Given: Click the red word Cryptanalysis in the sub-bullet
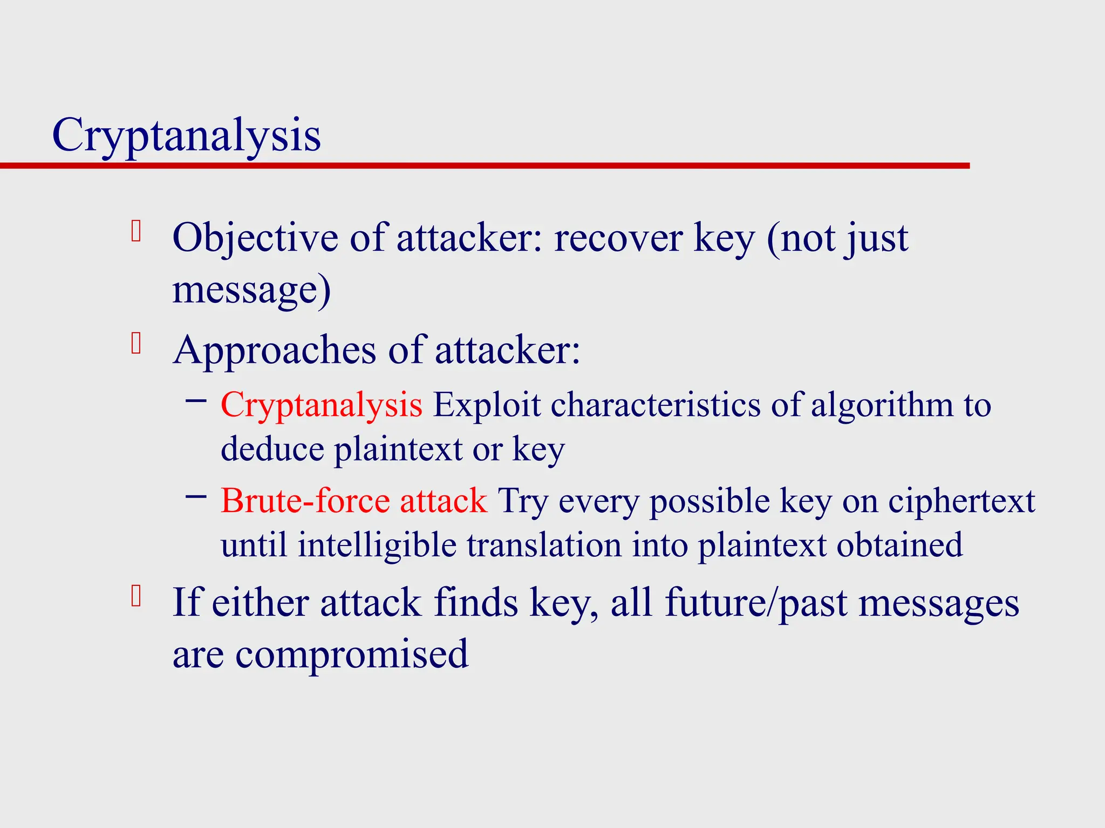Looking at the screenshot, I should point(321,405).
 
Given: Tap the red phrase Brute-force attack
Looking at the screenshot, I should point(354,501).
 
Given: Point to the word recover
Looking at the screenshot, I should point(618,238).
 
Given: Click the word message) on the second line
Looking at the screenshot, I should point(251,291).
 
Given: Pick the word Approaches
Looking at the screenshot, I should point(275,351).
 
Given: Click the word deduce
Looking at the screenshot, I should point(272,449).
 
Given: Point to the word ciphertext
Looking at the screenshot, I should point(961,501).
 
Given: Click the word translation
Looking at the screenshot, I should point(544,545).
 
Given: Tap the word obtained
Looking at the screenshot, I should point(899,545).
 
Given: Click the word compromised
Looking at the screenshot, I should point(351,654).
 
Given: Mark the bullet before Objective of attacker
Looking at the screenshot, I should point(136,231).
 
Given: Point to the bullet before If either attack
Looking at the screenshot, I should point(136,596).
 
